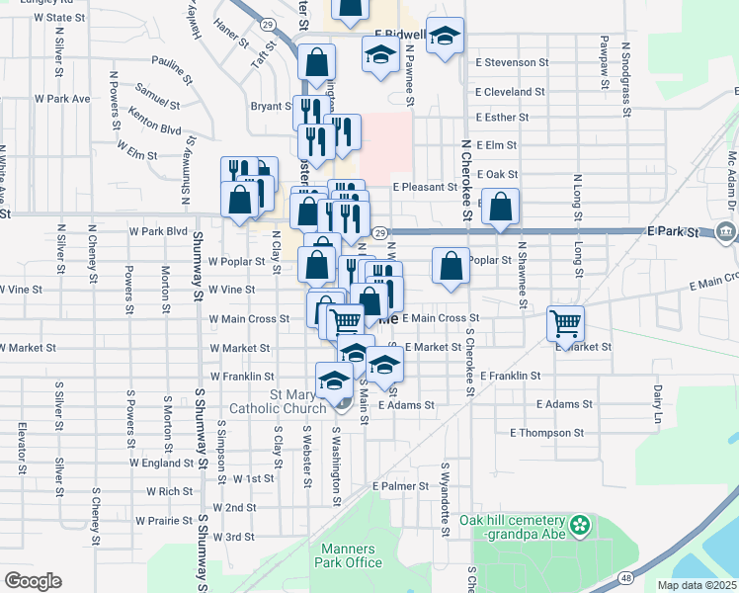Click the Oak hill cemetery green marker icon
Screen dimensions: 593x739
pos(581,521)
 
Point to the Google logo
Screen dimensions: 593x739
pos(33,581)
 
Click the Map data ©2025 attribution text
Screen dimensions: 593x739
pos(698,585)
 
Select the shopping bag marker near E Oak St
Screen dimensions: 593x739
pos(502,208)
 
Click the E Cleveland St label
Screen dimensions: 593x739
pos(510,92)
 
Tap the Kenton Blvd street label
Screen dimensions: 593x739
pos(155,128)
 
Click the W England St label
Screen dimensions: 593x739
pos(162,463)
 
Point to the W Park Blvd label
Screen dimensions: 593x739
pos(158,231)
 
